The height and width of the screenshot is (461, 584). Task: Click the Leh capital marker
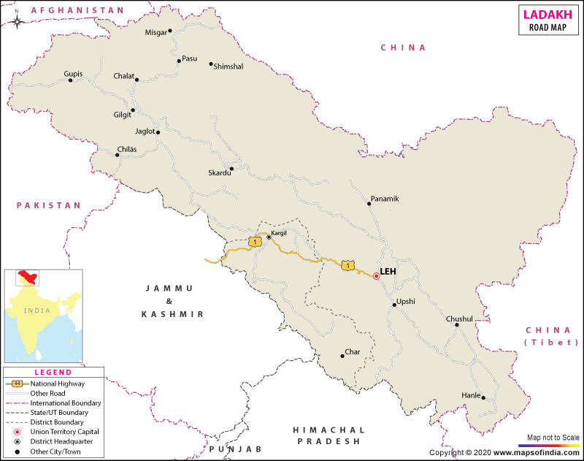click(x=376, y=276)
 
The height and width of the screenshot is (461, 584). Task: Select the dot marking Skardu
click(x=231, y=169)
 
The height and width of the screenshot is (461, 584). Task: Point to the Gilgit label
click(x=122, y=115)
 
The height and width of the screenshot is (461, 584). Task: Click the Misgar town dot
click(x=170, y=31)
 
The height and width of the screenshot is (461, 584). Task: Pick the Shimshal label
click(x=228, y=66)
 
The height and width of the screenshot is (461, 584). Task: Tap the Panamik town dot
click(x=369, y=205)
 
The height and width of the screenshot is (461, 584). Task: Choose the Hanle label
click(x=471, y=395)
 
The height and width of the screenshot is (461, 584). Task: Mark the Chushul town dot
click(x=457, y=325)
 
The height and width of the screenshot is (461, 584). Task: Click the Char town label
click(x=353, y=352)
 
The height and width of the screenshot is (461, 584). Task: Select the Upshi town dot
click(x=394, y=305)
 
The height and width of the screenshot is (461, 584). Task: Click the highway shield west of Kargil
click(x=254, y=241)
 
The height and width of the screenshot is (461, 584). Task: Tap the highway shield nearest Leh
click(x=349, y=265)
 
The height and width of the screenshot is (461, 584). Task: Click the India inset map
click(x=43, y=316)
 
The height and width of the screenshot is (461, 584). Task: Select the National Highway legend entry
click(x=57, y=383)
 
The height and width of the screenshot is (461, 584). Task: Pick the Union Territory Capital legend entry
click(x=64, y=432)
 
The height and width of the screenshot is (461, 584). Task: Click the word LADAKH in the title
click(x=547, y=12)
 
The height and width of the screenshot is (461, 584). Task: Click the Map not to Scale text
click(x=549, y=437)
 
